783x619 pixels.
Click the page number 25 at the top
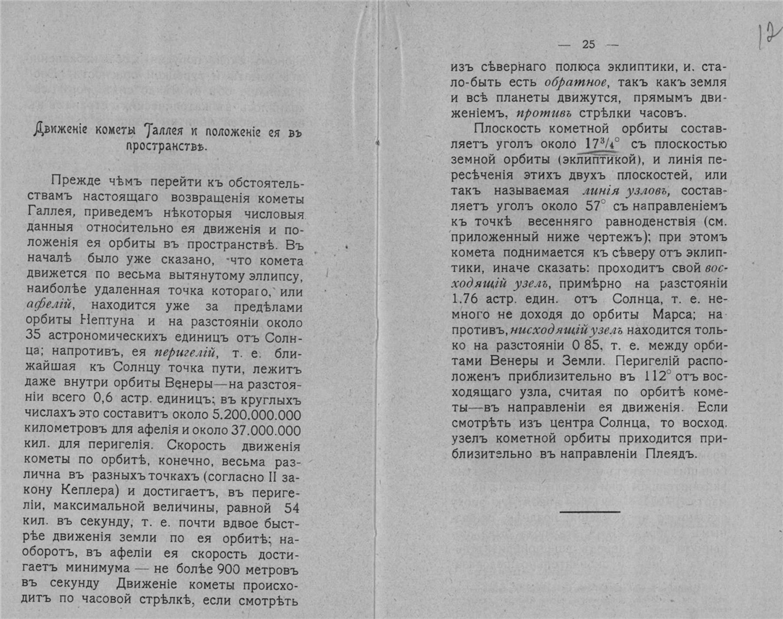[588, 45]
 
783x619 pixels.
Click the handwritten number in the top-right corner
[769, 35]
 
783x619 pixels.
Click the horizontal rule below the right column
[589, 511]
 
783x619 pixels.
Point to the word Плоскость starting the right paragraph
[506, 129]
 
